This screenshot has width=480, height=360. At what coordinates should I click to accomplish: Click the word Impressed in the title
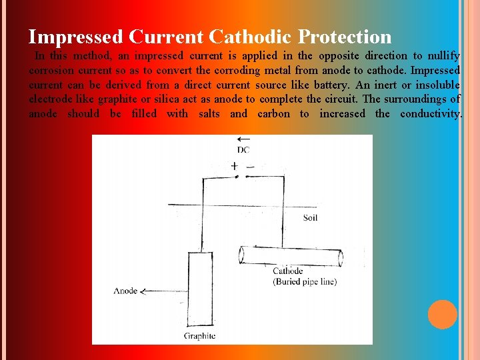(x=75, y=36)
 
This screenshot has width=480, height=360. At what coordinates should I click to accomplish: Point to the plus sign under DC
(x=234, y=165)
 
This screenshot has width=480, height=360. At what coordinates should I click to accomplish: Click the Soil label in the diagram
(x=310, y=218)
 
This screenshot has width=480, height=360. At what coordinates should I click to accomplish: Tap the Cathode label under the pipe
(x=287, y=271)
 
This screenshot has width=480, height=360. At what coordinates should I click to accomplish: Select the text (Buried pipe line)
(x=305, y=281)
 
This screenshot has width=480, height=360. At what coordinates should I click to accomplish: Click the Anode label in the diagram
(x=125, y=291)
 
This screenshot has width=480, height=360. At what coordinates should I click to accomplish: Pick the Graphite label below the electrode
(x=200, y=336)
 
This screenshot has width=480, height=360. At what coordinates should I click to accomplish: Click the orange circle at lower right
(x=443, y=315)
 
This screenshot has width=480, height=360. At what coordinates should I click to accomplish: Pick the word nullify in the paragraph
(x=444, y=55)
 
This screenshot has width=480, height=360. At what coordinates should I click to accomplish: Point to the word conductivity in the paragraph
(x=430, y=114)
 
